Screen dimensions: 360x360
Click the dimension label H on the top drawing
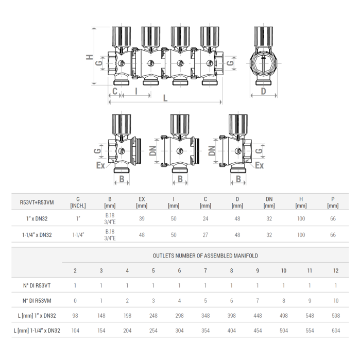tap(90, 58)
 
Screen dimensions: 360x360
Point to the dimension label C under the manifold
tap(115, 91)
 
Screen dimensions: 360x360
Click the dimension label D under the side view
tap(263, 91)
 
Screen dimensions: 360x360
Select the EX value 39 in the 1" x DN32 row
tap(142, 218)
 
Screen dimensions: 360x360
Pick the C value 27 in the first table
tap(205, 235)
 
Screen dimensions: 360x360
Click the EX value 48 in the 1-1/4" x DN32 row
tap(142, 235)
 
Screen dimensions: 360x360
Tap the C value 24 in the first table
tap(205, 218)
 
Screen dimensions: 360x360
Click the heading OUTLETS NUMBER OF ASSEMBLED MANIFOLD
tap(205, 255)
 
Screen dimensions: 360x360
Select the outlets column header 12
tap(335, 270)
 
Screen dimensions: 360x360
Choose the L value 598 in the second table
tap(335, 316)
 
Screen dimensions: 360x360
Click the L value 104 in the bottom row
tap(75, 331)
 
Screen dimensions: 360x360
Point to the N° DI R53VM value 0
tap(75, 301)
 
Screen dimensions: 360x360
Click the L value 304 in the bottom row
tap(179, 331)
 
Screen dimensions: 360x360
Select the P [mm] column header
tap(333, 202)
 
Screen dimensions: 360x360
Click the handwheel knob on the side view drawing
tap(263, 36)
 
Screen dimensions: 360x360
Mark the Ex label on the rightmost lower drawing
tap(260, 165)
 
